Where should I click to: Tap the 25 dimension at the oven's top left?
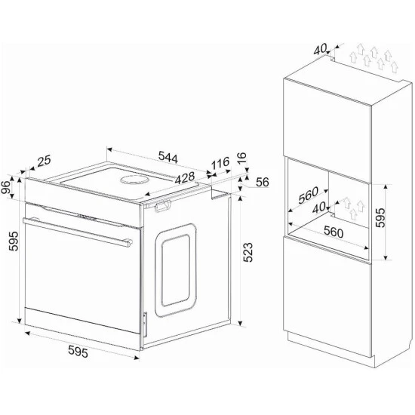44,161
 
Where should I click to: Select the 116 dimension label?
220,162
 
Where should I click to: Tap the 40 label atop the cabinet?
320,49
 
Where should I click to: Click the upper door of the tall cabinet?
329,116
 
